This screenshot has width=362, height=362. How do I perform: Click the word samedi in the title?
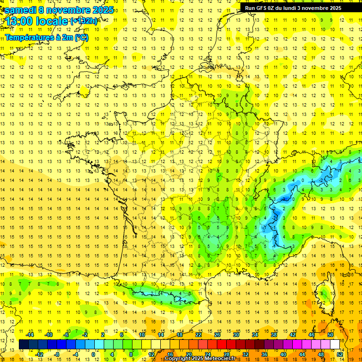coord(21,10)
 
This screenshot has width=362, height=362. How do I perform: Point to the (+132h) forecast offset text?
coord(84,21)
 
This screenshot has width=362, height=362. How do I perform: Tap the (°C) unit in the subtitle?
coord(81,37)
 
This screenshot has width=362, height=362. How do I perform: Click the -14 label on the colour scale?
coord(30,335)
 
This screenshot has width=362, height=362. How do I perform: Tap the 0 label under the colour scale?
coord(93,354)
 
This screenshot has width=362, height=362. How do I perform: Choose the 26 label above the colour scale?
coord(217,335)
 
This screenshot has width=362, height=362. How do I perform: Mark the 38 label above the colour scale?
coord(273,335)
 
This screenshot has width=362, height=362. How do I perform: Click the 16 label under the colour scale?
coord(170,354)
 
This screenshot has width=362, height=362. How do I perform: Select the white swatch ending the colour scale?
coord(335,345)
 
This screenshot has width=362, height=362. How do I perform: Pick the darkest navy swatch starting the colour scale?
coord(24,345)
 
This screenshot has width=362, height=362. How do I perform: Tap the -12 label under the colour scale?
coord(40,354)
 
